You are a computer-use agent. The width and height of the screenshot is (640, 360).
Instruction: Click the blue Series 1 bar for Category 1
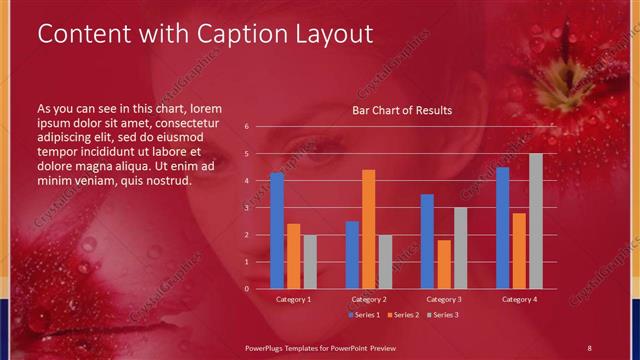click(x=277, y=230)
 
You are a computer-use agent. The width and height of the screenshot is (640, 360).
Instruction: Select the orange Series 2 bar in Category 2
click(x=368, y=229)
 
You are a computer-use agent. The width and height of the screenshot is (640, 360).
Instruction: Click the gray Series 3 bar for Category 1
click(x=310, y=261)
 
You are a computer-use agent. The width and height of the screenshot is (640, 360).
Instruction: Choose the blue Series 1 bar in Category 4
click(x=502, y=228)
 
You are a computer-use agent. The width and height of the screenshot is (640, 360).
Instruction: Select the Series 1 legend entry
click(x=365, y=315)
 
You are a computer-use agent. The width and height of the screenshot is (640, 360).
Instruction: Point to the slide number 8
click(x=589, y=346)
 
